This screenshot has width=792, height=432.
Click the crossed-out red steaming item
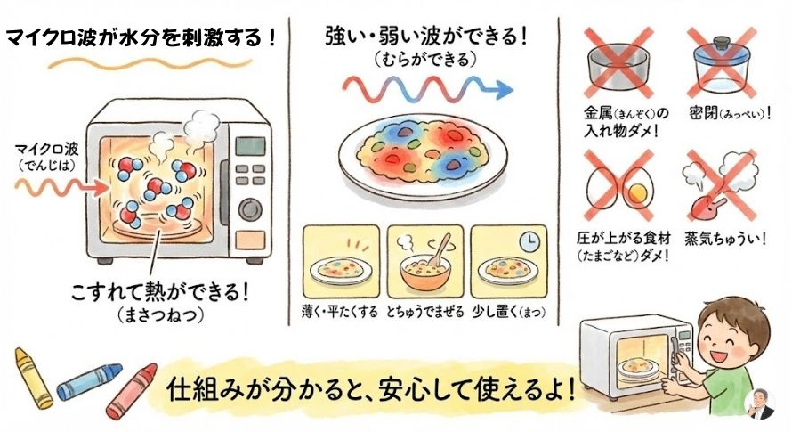(719, 183)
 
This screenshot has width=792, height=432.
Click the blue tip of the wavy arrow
(504, 90)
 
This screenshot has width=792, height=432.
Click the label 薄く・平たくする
(339, 311)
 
